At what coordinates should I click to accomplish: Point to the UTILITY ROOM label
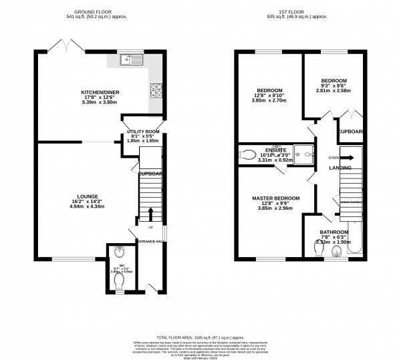tap(141, 132)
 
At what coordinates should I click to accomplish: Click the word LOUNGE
tap(88, 196)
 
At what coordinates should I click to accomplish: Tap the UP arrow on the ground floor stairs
tap(150, 213)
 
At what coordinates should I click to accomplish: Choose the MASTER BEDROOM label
tap(275, 198)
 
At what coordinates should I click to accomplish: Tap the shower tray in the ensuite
tap(307, 155)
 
